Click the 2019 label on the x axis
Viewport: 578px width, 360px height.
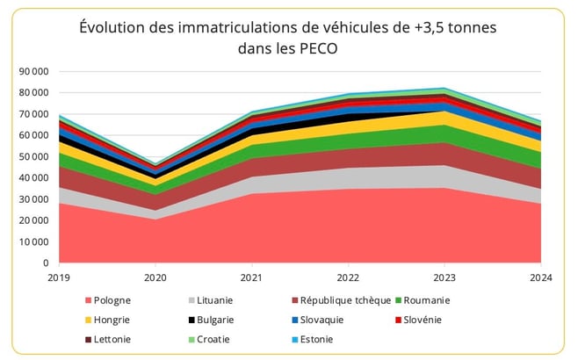[60, 277]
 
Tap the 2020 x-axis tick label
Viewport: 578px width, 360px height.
[155, 277]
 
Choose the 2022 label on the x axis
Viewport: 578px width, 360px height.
[349, 277]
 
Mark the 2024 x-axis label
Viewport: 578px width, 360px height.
[540, 277]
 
